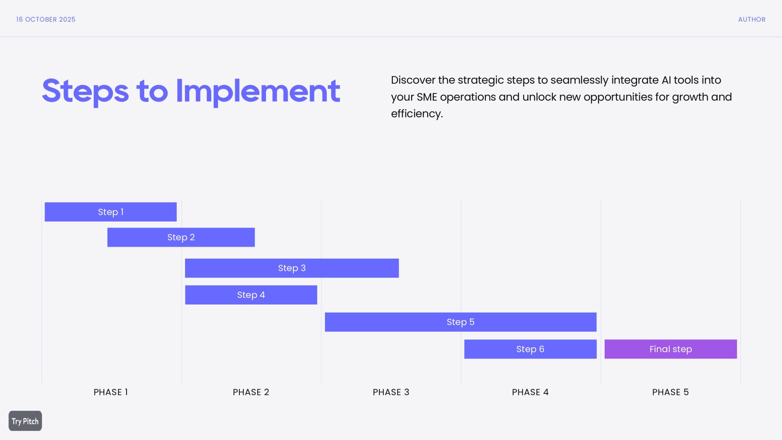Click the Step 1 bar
pos(111,212)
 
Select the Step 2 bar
pos(181,237)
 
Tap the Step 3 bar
pos(292,268)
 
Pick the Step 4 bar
pos(251,295)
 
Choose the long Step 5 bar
pos(460,322)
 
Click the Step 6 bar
pos(530,349)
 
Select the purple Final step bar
pos(670,349)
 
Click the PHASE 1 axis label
pos(111,392)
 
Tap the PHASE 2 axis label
pos(251,392)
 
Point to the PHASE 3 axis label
pos(391,392)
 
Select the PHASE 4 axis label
pos(530,392)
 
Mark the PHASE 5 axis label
pos(670,392)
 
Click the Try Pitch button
pos(25,421)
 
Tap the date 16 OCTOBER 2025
pos(46,19)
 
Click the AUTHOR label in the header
pos(751,19)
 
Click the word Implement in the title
pos(258,91)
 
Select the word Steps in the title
pos(85,91)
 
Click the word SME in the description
pos(427,97)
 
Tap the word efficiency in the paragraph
pos(416,114)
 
